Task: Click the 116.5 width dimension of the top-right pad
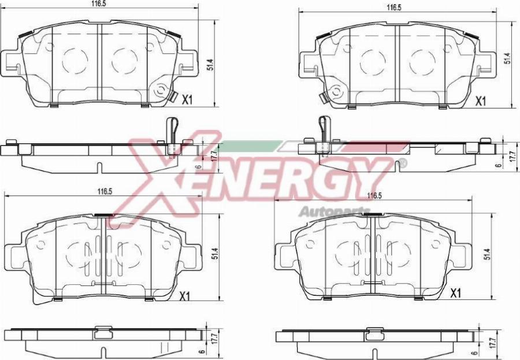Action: (394, 8)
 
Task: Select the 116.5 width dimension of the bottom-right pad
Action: (375, 196)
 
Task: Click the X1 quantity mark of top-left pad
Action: (187, 99)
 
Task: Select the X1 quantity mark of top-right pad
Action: (480, 101)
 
